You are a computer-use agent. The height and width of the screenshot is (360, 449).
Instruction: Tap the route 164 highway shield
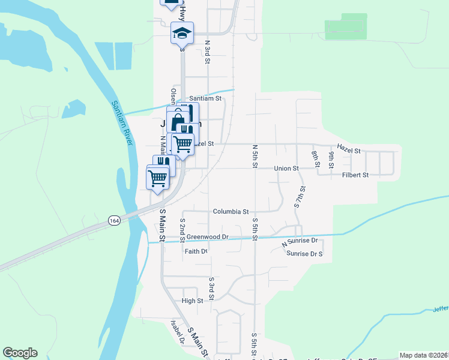(x=113, y=221)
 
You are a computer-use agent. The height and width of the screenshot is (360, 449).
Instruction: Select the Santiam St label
(x=205, y=98)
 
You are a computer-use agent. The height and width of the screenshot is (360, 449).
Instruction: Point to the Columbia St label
(x=231, y=212)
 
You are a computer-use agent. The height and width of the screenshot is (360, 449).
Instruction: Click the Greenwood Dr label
(x=208, y=237)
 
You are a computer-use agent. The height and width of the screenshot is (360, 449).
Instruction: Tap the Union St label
(x=286, y=169)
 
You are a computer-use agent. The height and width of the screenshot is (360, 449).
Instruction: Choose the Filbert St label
(x=355, y=175)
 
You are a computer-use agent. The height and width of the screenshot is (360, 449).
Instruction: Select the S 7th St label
(x=300, y=197)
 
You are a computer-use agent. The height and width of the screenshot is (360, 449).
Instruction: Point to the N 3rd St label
(x=207, y=52)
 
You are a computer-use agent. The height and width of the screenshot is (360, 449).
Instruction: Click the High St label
(x=192, y=301)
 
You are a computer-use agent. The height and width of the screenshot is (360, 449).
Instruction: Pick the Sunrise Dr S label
(x=304, y=254)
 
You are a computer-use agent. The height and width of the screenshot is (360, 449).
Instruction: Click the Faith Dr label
(x=196, y=251)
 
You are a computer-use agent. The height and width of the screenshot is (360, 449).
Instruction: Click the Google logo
(x=20, y=353)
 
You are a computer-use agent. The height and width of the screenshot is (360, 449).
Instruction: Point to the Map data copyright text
(x=424, y=355)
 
